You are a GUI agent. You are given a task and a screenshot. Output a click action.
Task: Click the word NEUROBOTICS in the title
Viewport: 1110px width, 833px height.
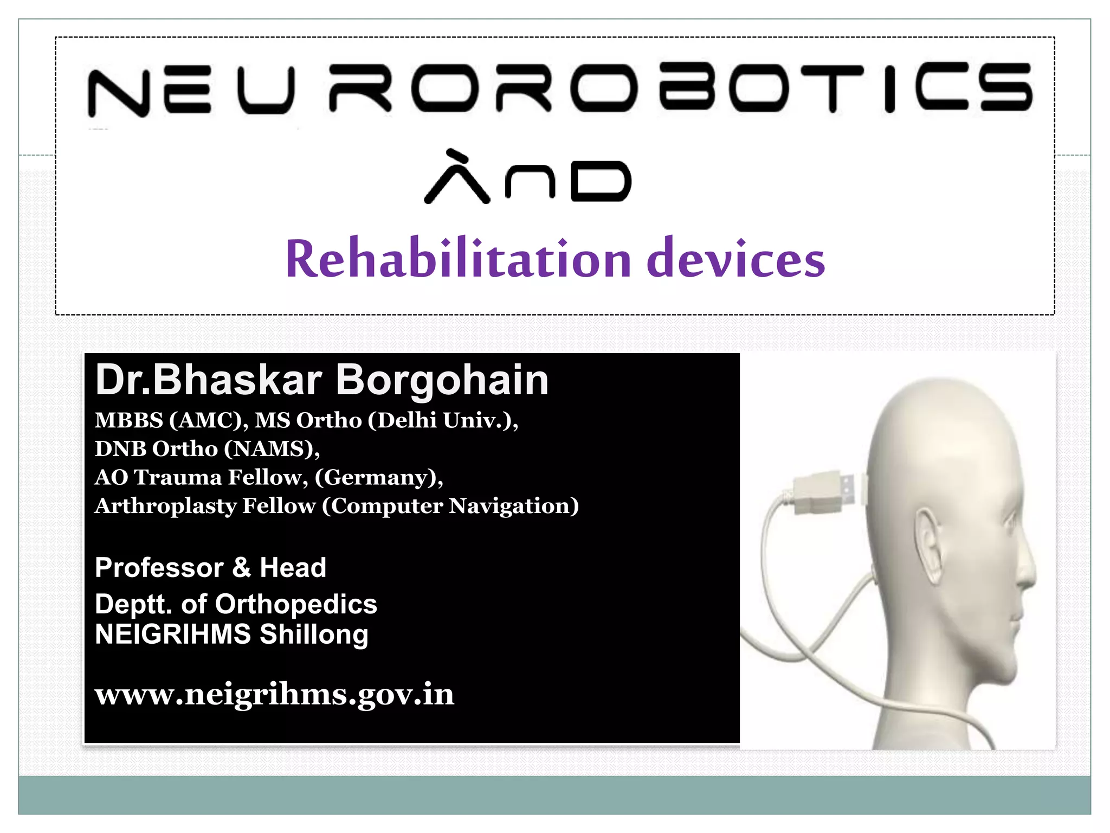pos(559,89)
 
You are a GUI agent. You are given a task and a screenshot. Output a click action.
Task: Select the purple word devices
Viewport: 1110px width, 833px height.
pos(735,259)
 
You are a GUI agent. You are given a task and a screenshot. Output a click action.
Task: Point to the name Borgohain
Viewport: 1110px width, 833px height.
pos(442,380)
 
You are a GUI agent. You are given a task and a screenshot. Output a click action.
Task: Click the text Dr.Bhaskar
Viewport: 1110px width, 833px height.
pos(209,380)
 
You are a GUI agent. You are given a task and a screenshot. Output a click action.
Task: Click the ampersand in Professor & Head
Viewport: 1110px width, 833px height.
pos(241,568)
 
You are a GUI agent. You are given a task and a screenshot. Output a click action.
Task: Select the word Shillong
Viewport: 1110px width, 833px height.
pos(314,635)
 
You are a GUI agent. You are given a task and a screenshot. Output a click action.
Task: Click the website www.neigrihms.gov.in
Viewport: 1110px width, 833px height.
pos(274,695)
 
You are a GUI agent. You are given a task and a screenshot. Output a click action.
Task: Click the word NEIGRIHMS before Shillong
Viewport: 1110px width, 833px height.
pos(173,635)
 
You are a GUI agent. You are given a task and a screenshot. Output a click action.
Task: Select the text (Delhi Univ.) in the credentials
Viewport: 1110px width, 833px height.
pos(442,420)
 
